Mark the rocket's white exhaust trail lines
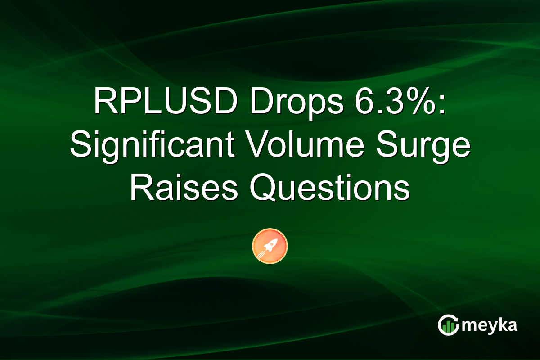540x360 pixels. click(x=262, y=254)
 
